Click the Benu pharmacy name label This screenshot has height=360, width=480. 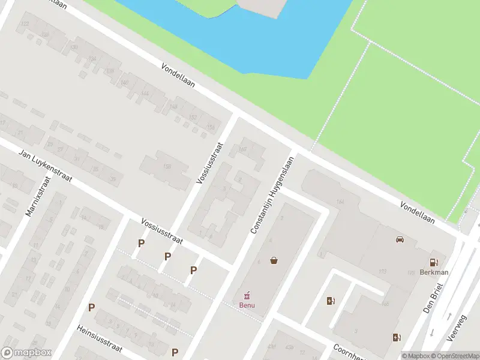tap(247, 305)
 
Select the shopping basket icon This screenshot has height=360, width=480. tap(274, 260)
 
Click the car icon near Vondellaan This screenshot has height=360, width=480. tap(400, 239)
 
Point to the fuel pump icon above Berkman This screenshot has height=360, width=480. tap(433, 262)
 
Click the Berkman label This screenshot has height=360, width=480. tap(434, 272)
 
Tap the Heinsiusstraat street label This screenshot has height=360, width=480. tap(99, 340)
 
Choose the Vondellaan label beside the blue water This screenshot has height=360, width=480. tap(178, 76)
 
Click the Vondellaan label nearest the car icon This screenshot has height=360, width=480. tap(418, 213)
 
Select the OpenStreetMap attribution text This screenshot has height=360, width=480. tap(455, 356)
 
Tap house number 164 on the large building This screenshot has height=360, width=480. tap(341, 202)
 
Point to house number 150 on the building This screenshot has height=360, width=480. tap(167, 166)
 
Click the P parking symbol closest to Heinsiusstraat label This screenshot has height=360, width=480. tap(92, 307)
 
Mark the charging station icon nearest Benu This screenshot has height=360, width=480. tap(330, 301)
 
